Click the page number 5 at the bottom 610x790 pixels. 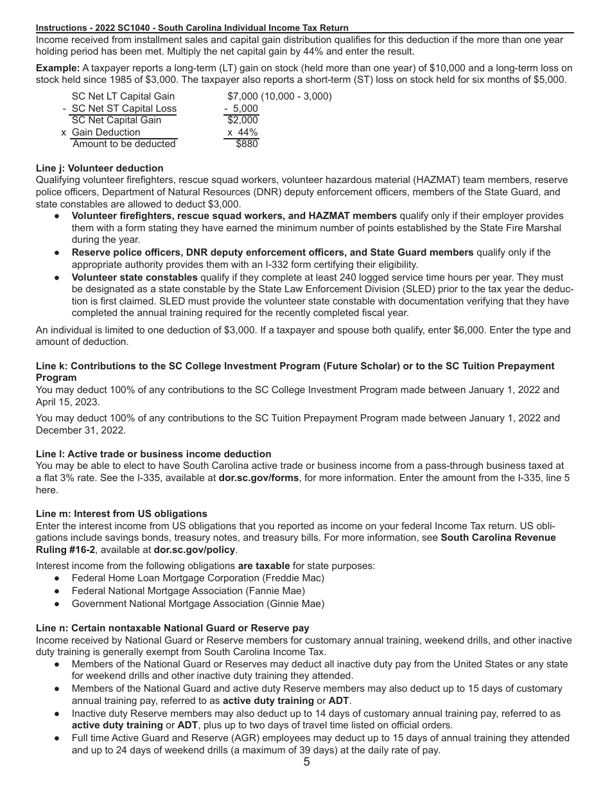pos(306,762)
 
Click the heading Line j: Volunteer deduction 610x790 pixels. pos(100,168)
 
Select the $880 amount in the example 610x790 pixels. pos(247,145)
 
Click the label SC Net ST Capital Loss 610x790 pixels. pos(123,109)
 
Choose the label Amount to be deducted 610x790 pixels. pos(124,145)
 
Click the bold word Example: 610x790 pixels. pos(57,68)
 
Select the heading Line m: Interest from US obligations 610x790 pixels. pos(121,514)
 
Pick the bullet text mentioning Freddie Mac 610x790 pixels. pos(198,578)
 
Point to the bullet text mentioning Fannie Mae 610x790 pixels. pos(188,591)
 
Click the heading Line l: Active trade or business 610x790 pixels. pos(153,454)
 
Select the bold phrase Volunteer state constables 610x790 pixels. pos(134,277)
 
